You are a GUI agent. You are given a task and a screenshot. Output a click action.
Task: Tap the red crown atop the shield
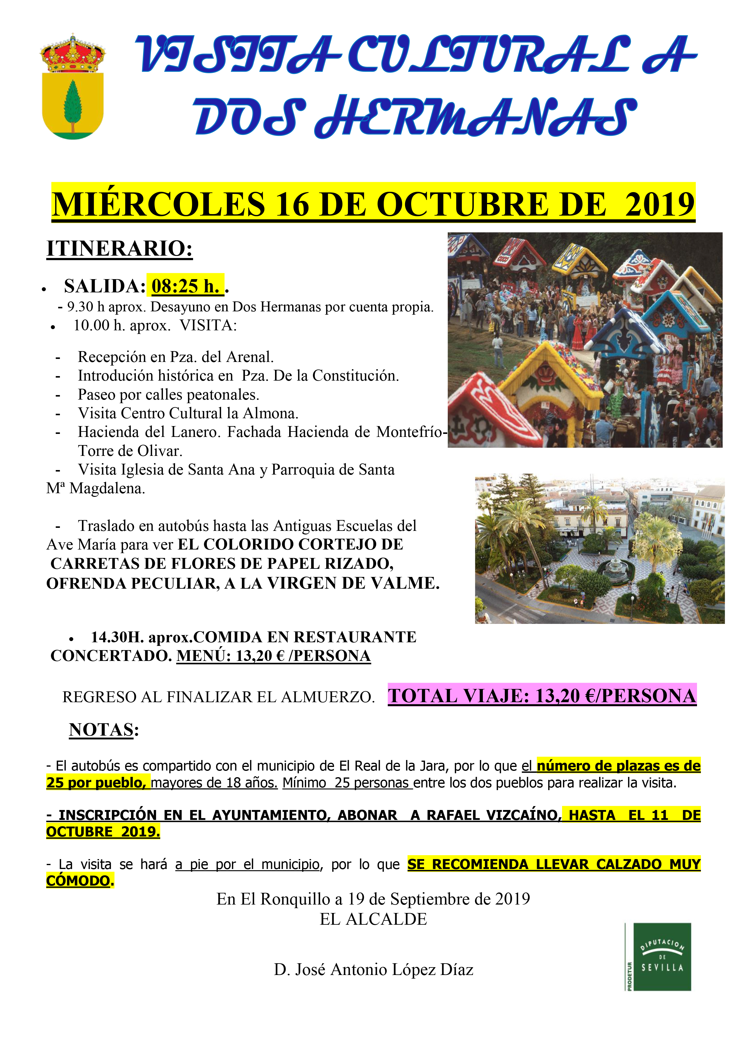coord(73,54)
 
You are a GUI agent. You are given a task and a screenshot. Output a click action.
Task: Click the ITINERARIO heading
coord(120,249)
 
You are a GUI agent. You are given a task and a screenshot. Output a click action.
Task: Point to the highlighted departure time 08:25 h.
coord(185,286)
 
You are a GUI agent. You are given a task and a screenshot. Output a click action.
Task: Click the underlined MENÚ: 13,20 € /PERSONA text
coord(274,656)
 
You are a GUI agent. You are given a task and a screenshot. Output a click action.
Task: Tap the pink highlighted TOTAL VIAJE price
coord(542,696)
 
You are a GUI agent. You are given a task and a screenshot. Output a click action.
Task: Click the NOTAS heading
coord(101,730)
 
